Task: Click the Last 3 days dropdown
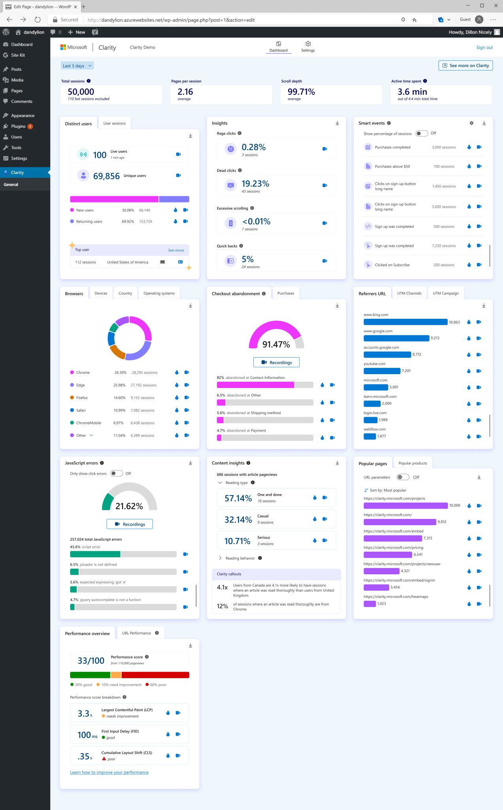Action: (77, 66)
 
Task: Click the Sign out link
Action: (484, 47)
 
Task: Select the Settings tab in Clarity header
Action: (308, 46)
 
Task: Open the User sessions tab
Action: (114, 123)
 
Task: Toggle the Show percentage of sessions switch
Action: (422, 133)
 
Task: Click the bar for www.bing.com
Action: (405, 322)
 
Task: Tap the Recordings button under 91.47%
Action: (276, 362)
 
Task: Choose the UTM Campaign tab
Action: (445, 293)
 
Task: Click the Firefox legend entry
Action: (82, 398)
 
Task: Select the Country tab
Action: (125, 293)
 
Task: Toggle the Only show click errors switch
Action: (116, 473)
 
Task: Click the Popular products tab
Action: (413, 463)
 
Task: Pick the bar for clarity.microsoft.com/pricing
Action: (388, 555)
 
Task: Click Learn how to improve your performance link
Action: (109, 772)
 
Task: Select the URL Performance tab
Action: (136, 633)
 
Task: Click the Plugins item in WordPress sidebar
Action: (18, 126)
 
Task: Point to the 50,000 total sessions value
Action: (81, 92)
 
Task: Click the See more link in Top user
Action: (176, 250)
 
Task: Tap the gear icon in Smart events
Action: (471, 123)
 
